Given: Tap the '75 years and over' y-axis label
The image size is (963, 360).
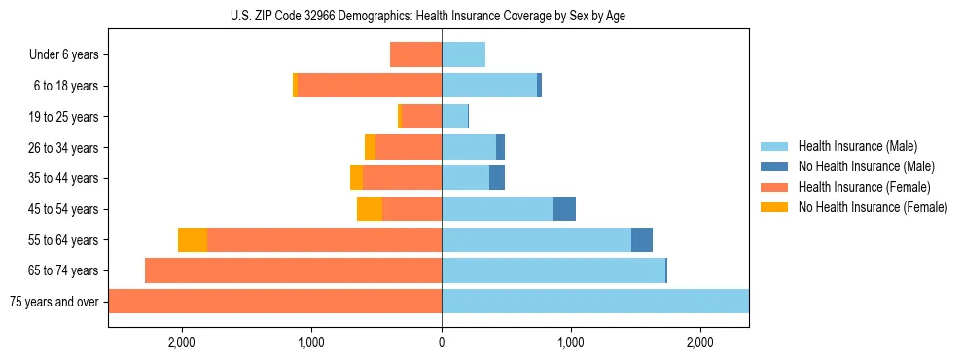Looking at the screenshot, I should coord(53,302).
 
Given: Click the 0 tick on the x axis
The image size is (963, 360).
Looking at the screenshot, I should coord(442,342).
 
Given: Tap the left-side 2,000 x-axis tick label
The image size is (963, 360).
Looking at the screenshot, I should coord(182,342).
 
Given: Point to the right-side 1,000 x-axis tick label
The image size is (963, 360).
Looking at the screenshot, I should coord(571,342).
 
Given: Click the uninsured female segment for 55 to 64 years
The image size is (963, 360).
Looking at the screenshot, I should coord(193,240).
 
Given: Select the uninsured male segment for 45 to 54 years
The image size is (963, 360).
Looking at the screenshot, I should coord(564,209).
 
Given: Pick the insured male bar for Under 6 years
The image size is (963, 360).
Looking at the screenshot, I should coord(463,55).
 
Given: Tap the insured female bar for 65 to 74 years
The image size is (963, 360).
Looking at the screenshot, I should coord(293,270).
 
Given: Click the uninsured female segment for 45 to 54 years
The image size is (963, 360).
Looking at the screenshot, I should coord(370,209).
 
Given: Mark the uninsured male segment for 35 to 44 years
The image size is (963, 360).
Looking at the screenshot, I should coord(497,178).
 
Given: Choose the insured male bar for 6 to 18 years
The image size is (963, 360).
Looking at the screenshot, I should coord(489,86).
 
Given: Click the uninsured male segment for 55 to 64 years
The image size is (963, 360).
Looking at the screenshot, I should coord(642,240).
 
